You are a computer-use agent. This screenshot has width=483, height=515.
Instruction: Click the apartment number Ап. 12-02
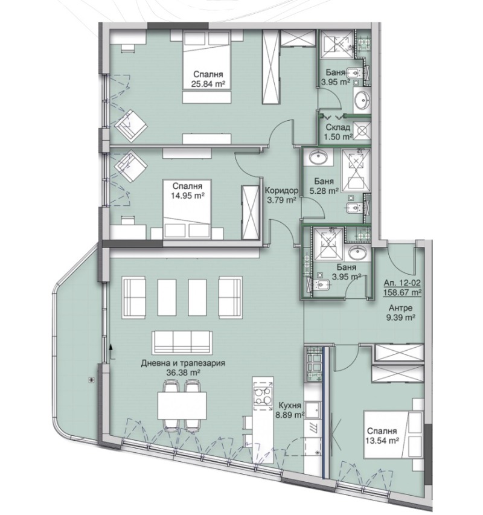tap(402, 283)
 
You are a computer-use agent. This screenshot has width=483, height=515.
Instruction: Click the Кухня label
tap(290, 406)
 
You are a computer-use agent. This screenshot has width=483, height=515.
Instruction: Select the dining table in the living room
tap(179, 405)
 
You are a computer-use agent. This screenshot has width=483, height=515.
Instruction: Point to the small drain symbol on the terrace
tap(91, 379)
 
